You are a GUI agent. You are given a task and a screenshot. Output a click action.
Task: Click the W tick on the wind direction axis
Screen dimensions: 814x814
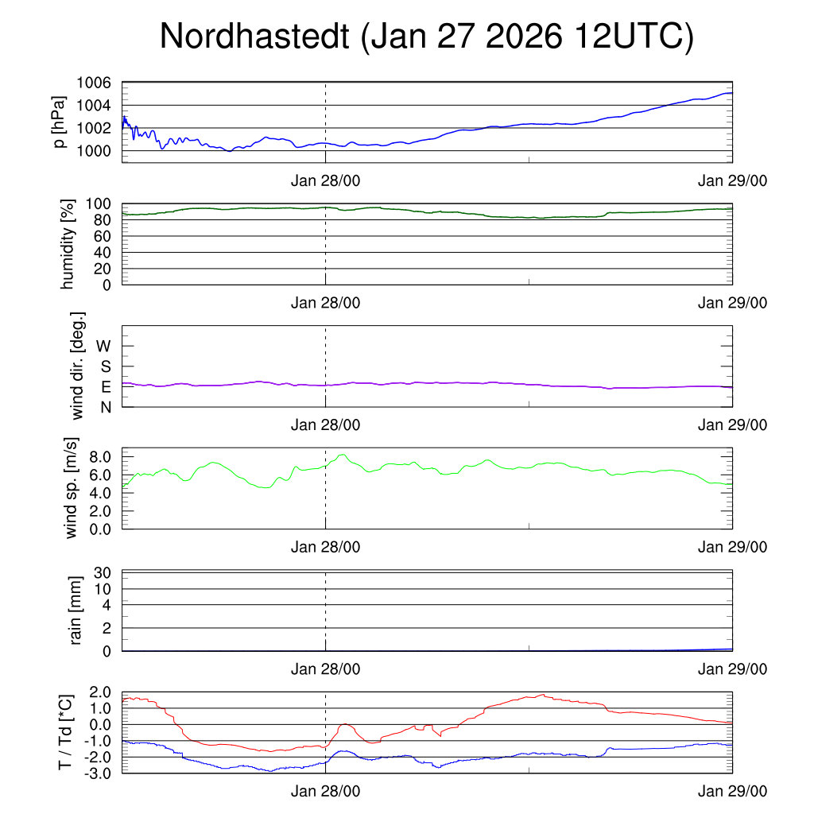point(104,346)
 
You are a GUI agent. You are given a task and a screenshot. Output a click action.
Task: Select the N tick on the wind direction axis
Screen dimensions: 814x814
point(106,407)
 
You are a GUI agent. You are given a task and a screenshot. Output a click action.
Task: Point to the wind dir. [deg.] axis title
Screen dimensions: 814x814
point(77,366)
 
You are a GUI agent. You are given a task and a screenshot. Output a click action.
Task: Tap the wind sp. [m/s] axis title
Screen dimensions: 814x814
point(72,488)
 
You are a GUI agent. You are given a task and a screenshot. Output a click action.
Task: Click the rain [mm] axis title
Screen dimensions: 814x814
point(76,611)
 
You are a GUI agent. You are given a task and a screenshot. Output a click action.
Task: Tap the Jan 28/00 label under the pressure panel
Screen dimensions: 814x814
point(325,180)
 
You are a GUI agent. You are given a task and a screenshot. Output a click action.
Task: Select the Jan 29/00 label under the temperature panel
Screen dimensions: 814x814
point(732,791)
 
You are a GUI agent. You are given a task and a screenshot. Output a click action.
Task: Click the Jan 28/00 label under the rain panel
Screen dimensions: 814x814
point(325,669)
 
